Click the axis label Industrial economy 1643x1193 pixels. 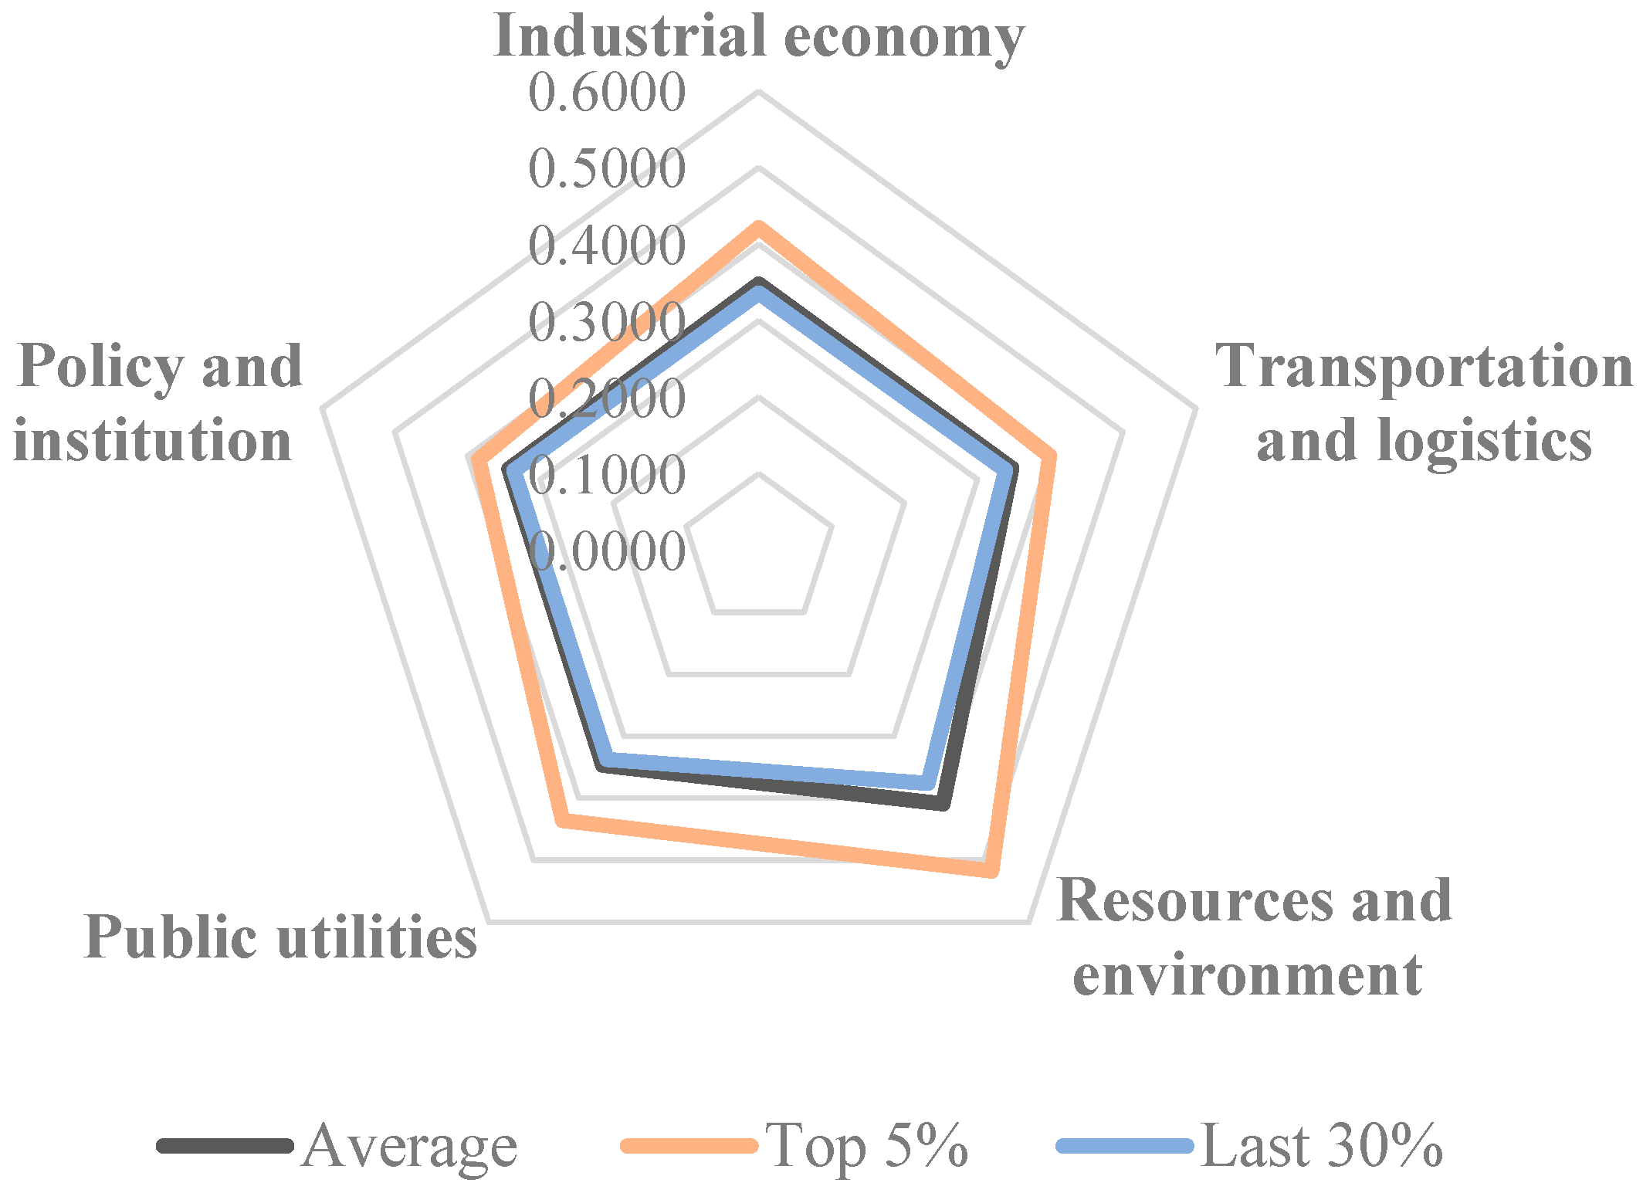click(759, 36)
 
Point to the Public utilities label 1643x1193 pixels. click(280, 937)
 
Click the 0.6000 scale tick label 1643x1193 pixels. click(607, 93)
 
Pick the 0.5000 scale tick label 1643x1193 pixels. click(607, 168)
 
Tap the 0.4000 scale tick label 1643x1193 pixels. click(607, 246)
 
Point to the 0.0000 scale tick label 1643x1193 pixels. click(607, 551)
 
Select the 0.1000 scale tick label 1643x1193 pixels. click(607, 474)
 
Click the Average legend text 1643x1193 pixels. click(409, 1145)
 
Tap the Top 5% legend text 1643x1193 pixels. click(867, 1145)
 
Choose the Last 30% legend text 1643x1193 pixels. click(1322, 1145)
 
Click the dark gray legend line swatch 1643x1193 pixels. click(225, 1145)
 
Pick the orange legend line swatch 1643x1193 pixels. click(689, 1145)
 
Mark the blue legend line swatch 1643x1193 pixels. click(1126, 1145)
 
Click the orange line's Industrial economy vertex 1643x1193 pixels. click(759, 226)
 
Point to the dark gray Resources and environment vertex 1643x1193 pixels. click(943, 805)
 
